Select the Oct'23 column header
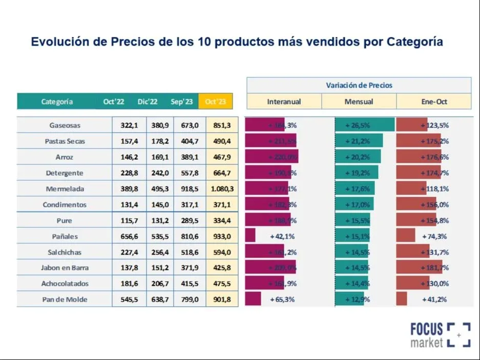click(215, 101)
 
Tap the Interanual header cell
click(284, 101)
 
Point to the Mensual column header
click(359, 101)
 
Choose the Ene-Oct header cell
click(433, 101)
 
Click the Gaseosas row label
click(65, 125)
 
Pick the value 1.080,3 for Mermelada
click(222, 189)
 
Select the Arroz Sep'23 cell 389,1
click(190, 157)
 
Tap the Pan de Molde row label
click(65, 300)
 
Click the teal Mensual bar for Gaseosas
click(365, 125)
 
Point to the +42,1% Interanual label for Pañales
click(282, 237)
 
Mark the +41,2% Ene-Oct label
click(434, 300)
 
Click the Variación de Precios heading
click(359, 85)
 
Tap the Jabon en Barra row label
click(65, 268)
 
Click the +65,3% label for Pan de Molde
click(282, 300)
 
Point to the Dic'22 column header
click(148, 101)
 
